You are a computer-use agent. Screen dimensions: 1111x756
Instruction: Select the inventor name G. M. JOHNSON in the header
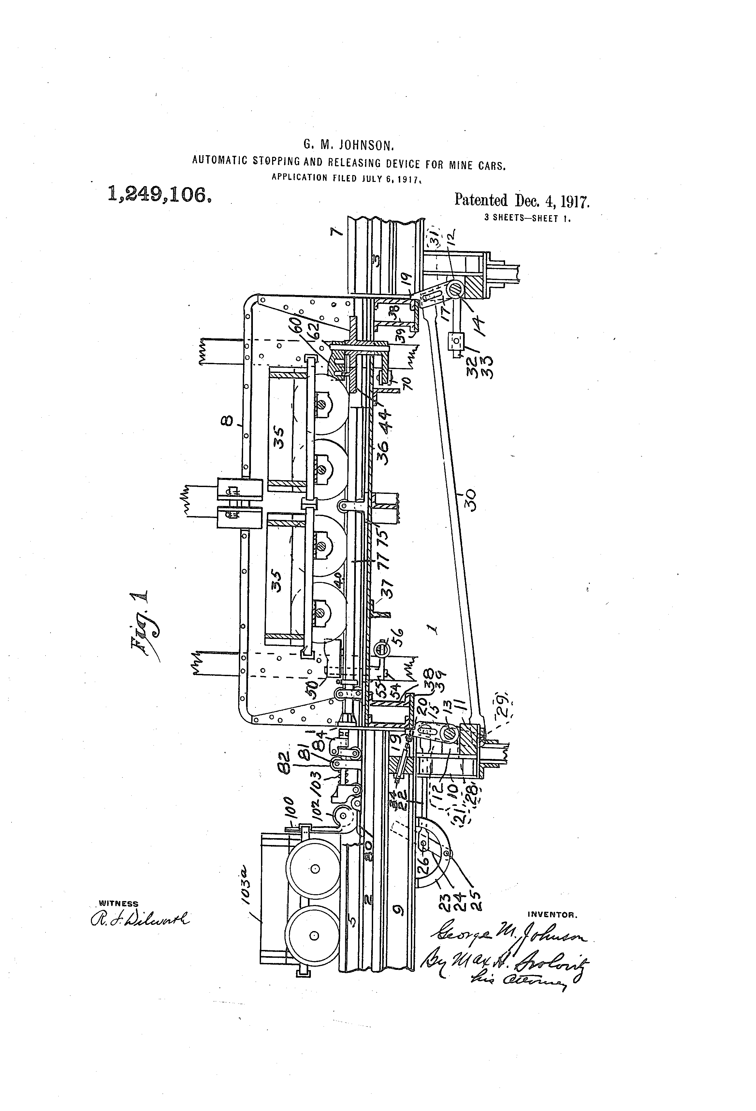tap(348, 145)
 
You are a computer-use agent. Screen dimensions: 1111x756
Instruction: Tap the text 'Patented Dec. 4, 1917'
tap(522, 200)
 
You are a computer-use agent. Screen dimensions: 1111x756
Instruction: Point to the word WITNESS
tap(118, 904)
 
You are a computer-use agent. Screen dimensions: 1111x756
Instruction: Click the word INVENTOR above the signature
tap(552, 915)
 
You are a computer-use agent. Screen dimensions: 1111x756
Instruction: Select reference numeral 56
tap(398, 637)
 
